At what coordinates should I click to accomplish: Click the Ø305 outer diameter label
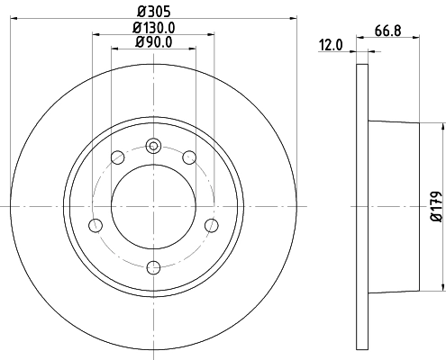[153, 12]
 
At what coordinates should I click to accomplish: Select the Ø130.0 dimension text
[153, 27]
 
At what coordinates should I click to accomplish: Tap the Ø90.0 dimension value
[153, 41]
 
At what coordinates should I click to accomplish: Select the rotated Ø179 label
[434, 205]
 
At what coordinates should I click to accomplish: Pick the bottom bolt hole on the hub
[153, 265]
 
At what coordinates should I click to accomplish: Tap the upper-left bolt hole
[117, 158]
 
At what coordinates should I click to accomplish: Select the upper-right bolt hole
[189, 158]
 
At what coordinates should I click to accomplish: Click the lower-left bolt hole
[95, 225]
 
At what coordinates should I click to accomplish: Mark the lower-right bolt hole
[212, 225]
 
